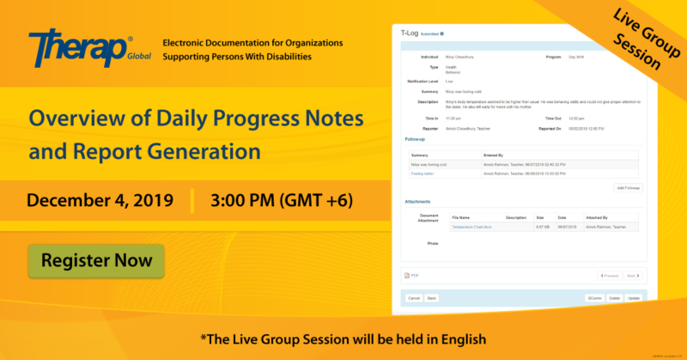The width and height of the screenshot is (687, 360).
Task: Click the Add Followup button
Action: [x=629, y=187]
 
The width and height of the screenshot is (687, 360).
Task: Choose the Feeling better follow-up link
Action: [x=423, y=173]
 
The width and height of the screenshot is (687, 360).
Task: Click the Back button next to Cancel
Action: [x=433, y=297]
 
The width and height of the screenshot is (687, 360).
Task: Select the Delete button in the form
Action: [x=614, y=297]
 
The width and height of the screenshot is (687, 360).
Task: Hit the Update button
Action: [x=634, y=297]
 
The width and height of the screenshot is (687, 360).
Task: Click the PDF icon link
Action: [x=411, y=276]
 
